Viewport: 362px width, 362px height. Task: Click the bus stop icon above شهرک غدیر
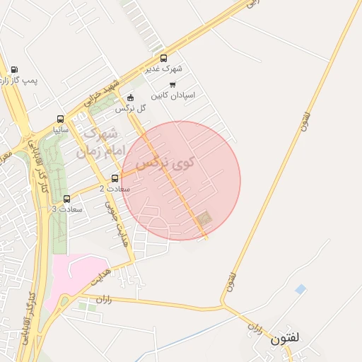[164, 59]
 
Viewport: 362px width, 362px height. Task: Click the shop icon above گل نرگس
[130, 98]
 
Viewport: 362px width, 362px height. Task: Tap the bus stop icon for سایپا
[60, 119]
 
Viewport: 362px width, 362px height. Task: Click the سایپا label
[60, 129]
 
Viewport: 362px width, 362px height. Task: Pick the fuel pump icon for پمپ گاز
[14, 70]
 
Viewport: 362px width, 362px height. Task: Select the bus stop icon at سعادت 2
[115, 178]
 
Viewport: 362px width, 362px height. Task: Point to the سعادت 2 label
[111, 189]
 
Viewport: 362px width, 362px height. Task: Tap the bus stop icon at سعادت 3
[67, 199]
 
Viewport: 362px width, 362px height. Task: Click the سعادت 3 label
[67, 209]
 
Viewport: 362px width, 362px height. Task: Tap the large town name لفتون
[285, 339]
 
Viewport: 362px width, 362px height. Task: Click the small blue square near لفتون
[300, 289]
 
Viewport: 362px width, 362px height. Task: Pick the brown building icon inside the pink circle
[204, 218]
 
